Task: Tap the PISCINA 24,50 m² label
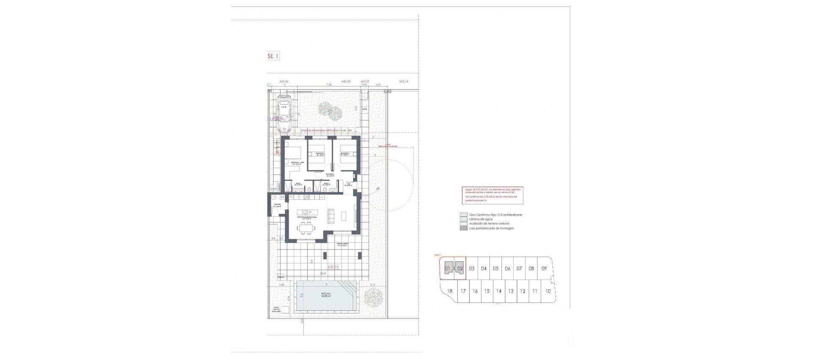point(326,295)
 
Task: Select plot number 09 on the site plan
point(544,269)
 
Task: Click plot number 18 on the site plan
point(450,291)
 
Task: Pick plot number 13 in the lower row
point(511,291)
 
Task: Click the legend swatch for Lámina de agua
point(463,219)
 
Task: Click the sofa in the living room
point(332,216)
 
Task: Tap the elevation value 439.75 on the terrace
point(333,267)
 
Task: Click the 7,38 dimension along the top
point(329,85)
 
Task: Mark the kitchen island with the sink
point(306,211)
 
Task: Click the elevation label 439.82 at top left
point(284,81)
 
